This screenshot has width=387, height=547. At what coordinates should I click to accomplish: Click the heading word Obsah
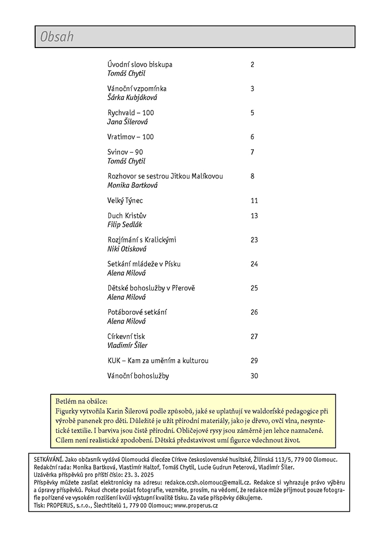click(57, 37)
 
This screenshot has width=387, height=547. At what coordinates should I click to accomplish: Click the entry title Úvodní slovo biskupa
click(140, 65)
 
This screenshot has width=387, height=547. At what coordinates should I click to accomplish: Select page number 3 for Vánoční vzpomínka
click(252, 89)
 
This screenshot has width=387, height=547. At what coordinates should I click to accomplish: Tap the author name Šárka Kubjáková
click(132, 98)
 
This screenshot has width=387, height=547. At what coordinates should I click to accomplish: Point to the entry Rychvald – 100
click(131, 112)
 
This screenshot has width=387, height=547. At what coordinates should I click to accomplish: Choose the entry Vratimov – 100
click(131, 137)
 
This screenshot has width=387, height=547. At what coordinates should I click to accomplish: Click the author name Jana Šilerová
click(127, 122)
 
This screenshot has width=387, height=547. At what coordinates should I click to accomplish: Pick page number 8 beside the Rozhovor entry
click(252, 176)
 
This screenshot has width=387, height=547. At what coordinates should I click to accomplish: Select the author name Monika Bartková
click(133, 185)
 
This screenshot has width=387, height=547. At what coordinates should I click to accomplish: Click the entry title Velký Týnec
click(125, 200)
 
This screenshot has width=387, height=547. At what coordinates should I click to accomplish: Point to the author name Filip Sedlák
click(124, 225)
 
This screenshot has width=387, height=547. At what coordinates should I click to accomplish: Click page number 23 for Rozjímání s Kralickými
click(254, 240)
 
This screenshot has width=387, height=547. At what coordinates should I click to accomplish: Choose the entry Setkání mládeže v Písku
click(144, 264)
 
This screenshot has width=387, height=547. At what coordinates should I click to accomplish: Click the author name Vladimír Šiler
click(127, 345)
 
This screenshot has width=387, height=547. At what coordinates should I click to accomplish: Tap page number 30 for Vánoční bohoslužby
click(254, 376)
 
